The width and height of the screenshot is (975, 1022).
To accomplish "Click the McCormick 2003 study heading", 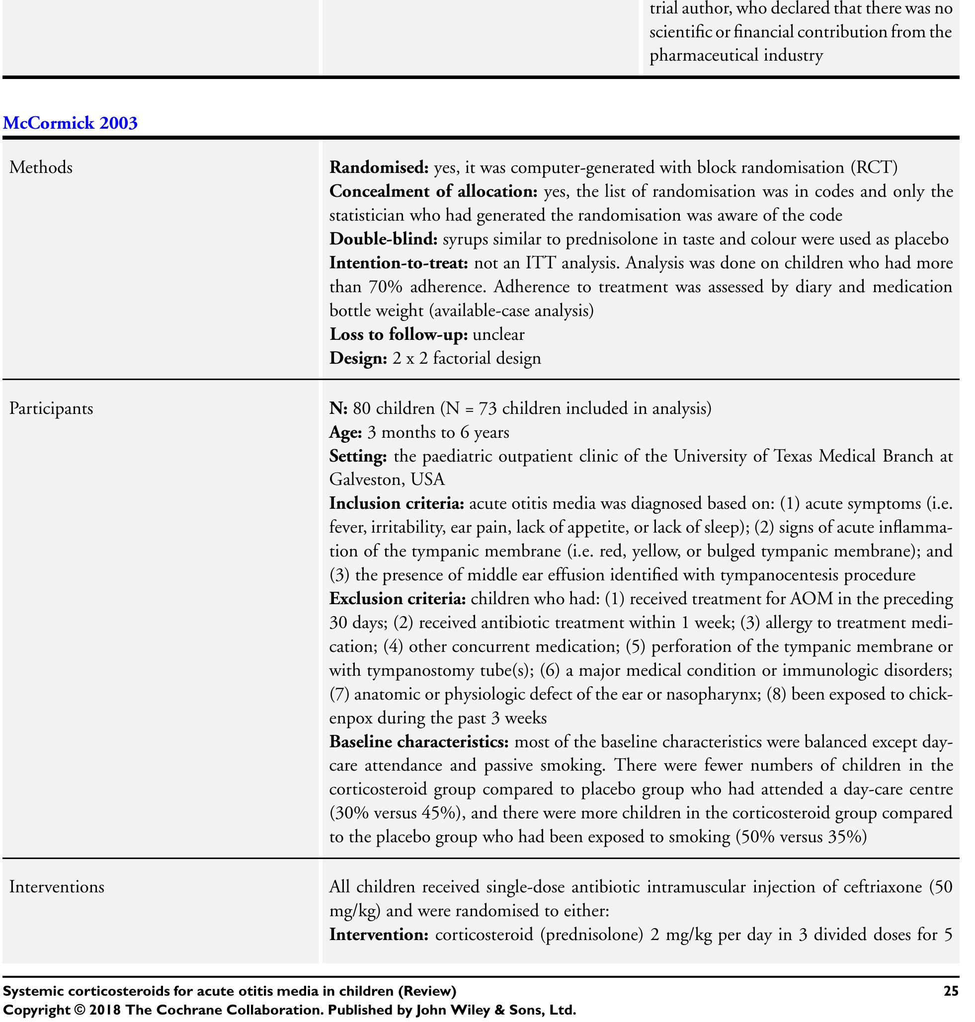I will [x=70, y=123].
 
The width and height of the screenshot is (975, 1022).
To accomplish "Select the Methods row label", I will [x=41, y=168].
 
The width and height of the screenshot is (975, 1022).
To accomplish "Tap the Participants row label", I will [x=51, y=408].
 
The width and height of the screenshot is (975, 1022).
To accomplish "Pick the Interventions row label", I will [x=57, y=887].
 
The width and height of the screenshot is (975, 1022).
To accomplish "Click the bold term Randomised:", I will [x=379, y=168].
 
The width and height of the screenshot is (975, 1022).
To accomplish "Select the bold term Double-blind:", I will [x=383, y=239].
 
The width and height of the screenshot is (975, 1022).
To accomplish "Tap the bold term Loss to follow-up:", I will [x=399, y=334].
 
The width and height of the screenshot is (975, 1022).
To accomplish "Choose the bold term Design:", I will [x=358, y=359].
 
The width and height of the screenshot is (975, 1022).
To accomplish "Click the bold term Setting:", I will [x=358, y=456].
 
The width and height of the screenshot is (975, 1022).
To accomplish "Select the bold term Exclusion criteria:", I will [x=398, y=599].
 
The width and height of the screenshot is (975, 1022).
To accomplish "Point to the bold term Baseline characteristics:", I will [x=419, y=742].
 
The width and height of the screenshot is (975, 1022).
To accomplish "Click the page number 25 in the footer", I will [x=951, y=991].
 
